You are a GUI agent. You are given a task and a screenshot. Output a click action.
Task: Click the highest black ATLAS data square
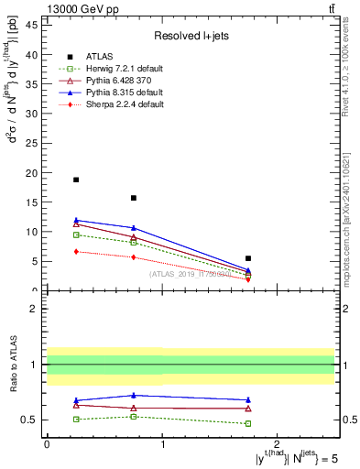point(76,180)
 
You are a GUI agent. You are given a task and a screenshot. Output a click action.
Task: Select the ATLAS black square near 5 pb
point(248,258)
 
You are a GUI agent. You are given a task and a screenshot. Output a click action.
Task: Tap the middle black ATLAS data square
point(134,198)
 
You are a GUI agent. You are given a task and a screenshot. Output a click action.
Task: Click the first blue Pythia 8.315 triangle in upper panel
point(76,220)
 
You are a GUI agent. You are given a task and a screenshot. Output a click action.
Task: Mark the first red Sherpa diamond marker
point(76,251)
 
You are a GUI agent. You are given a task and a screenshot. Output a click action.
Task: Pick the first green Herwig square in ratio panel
point(76,420)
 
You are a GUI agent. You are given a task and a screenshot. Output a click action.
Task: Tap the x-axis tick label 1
point(162,446)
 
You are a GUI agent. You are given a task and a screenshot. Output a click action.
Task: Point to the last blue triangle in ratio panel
point(248,400)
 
